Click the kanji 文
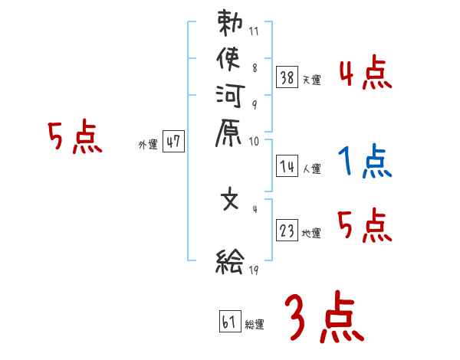230,201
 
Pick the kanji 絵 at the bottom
230,263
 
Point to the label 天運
312,80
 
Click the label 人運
312,166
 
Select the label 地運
312,234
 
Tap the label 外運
148,144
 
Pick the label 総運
255,325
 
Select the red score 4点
365,73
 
